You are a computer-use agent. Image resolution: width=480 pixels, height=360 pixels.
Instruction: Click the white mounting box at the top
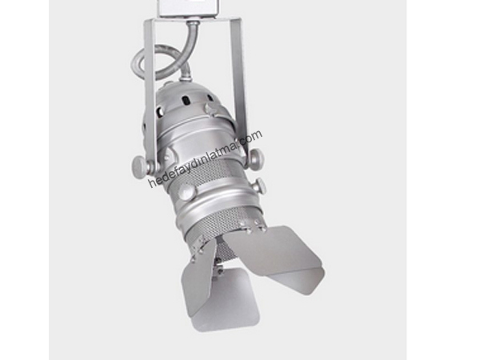188,8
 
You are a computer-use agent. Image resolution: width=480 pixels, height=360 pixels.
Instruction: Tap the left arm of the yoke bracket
150,92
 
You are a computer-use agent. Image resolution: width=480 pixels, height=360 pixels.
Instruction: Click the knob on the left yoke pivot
139,165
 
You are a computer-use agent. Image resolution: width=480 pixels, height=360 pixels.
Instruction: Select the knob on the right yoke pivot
256,159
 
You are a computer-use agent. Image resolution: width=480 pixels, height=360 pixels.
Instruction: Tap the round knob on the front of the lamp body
186,191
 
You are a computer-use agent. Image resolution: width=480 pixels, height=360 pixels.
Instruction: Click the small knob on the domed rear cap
211,109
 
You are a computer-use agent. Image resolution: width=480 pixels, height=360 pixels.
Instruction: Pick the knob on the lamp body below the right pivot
259,186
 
